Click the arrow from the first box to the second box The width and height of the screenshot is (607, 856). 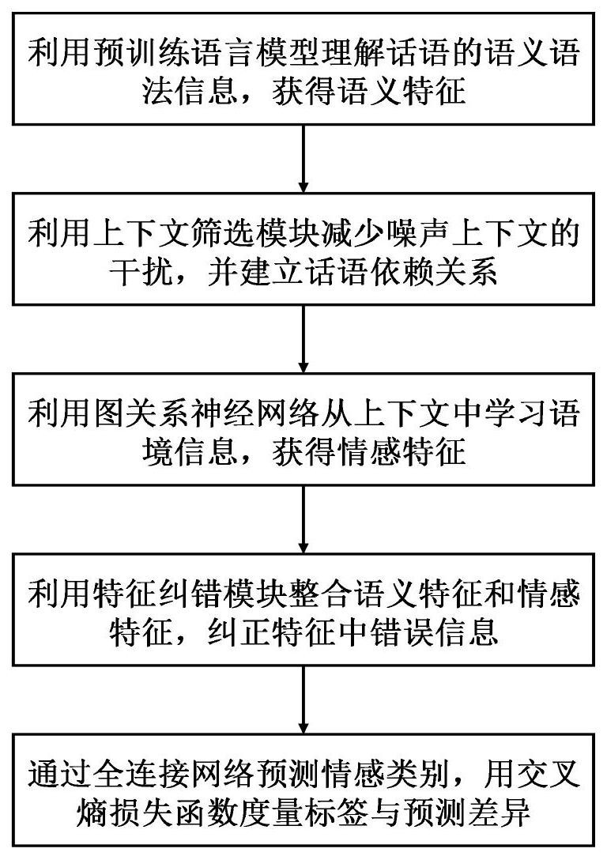tap(303, 158)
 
